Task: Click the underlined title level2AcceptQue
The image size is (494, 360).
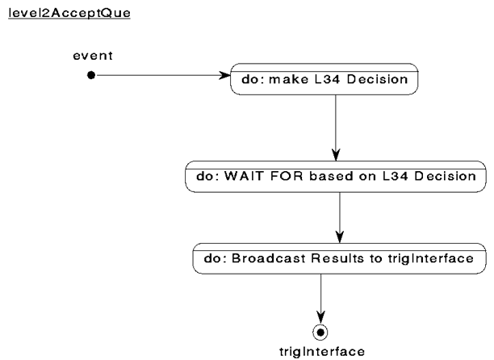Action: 69,13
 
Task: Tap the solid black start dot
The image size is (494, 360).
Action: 91,75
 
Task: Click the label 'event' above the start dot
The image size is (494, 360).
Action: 93,56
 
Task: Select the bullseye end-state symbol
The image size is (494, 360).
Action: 320,333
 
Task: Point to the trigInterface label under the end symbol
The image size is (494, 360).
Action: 322,351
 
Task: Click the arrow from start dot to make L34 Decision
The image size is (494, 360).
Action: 163,75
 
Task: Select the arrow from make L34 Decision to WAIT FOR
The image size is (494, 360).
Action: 336,128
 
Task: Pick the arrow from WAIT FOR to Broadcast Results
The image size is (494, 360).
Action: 340,218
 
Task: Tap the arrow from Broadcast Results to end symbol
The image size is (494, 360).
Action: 320,299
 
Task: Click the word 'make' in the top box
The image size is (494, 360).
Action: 288,79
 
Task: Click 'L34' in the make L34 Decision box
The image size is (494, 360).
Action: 328,79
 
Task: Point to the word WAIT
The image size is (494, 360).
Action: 244,176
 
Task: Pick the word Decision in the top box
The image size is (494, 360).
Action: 378,79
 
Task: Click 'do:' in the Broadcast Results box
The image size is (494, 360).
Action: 216,258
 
